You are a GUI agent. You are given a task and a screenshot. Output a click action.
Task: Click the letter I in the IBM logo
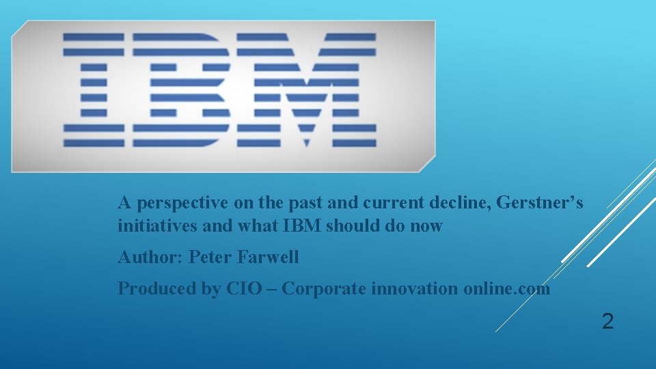[x=94, y=90]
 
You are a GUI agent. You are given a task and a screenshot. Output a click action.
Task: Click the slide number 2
[x=607, y=321]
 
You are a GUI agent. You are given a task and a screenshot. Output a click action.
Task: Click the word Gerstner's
[x=541, y=203]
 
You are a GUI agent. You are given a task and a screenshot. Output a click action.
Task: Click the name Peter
[x=210, y=258]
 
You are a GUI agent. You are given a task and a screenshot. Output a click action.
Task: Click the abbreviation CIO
[x=243, y=289]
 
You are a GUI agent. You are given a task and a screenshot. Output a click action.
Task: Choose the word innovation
[x=415, y=289]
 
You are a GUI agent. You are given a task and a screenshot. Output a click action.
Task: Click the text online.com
[x=506, y=289]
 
